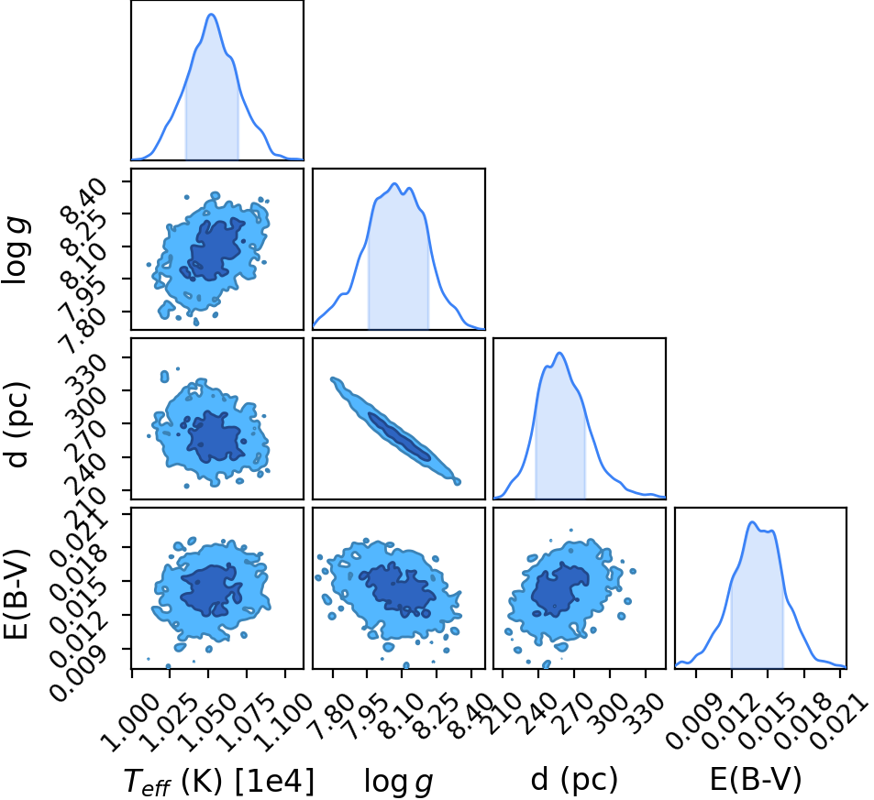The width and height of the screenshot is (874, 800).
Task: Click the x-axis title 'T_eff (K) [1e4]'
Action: click(219, 781)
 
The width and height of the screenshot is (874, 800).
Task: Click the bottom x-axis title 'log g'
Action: click(399, 781)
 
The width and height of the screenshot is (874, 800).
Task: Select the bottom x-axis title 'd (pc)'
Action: click(574, 780)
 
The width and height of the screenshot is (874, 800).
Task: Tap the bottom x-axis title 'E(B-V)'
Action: click(756, 779)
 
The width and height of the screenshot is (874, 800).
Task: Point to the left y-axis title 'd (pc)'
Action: click(17, 424)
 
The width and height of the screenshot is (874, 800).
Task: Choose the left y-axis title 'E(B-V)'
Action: click(16, 593)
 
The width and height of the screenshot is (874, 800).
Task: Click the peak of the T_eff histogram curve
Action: click(211, 14)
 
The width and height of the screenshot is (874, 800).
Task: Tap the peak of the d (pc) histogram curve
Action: click(559, 353)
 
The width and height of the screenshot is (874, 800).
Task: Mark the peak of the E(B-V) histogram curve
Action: click(752, 522)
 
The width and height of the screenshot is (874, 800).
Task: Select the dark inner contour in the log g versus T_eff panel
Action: click(214, 250)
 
